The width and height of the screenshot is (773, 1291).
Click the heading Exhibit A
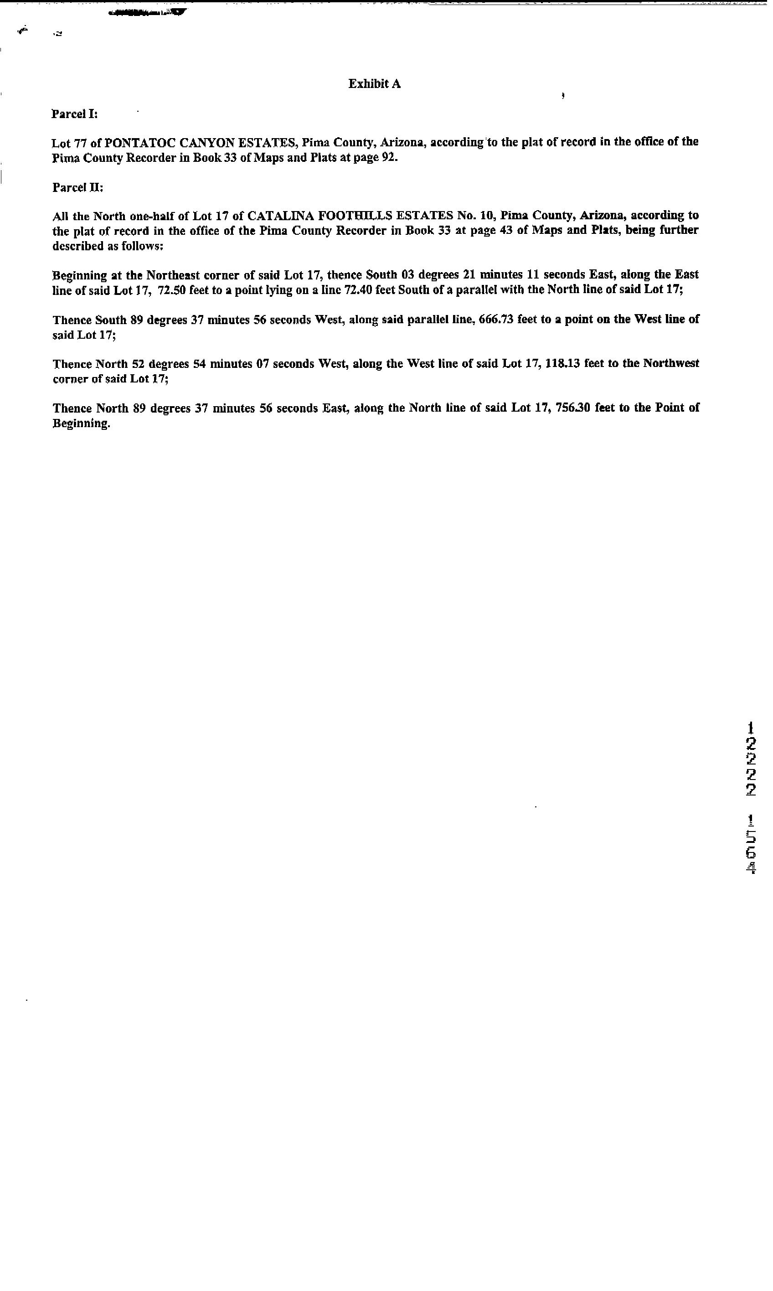[374, 84]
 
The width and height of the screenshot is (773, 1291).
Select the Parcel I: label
[74, 114]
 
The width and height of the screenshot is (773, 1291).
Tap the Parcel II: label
[77, 187]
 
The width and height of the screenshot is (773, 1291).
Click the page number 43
[506, 230]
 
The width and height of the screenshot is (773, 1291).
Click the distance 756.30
[573, 408]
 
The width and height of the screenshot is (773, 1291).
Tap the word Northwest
[671, 364]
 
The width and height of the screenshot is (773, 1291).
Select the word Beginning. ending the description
[81, 423]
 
